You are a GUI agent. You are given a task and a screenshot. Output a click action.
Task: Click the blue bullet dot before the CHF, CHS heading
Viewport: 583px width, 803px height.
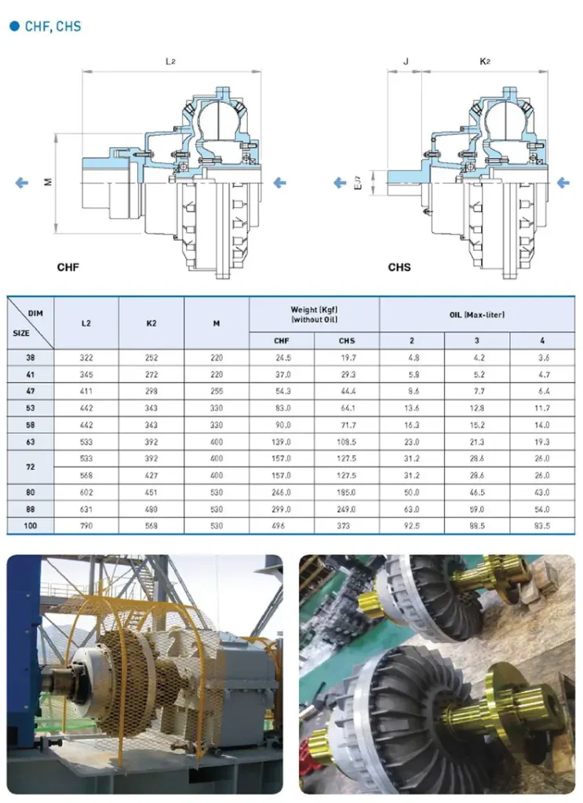point(13,27)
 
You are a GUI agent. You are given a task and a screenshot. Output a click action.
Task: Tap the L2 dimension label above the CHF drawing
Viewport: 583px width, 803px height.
point(169,61)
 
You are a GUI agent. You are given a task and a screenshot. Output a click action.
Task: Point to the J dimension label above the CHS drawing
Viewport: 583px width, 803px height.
point(405,61)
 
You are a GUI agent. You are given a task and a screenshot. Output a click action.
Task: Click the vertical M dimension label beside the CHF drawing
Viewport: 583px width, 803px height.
point(49,182)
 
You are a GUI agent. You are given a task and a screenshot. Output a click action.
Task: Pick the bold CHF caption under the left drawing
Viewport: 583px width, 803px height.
point(68,267)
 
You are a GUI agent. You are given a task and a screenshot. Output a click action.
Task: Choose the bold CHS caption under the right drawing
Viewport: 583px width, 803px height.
point(399,267)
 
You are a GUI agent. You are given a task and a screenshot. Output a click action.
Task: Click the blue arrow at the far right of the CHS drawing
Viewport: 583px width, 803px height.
point(563,183)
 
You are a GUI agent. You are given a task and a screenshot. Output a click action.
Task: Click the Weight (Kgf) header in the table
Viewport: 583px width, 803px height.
point(314,314)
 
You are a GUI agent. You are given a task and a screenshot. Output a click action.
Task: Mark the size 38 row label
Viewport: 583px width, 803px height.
point(31,357)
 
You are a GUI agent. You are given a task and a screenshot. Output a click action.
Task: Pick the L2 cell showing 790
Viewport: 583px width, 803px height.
point(86,525)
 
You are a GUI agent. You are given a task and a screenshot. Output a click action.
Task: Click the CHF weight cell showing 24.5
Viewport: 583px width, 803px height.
point(282,357)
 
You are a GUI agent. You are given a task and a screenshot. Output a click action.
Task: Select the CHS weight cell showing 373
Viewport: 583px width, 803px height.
point(347,525)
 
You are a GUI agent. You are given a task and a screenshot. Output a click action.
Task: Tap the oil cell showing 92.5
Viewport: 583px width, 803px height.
point(412,525)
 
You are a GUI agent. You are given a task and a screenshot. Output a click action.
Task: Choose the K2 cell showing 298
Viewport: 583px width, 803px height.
point(151,391)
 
